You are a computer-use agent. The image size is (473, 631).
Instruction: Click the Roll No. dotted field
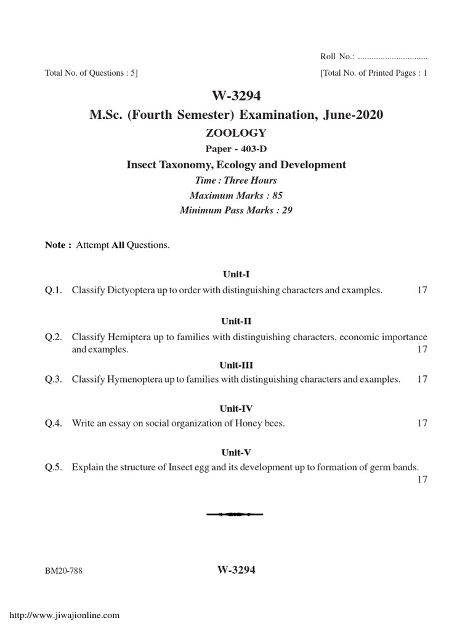click(392, 57)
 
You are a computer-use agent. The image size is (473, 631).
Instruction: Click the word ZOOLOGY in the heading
click(236, 132)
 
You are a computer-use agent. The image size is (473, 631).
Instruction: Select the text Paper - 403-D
click(236, 149)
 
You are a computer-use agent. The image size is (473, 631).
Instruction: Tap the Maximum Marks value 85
click(277, 195)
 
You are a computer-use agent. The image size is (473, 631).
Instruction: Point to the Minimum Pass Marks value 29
click(286, 210)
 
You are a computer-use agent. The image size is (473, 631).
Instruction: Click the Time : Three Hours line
click(236, 181)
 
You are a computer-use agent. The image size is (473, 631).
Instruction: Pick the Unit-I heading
click(236, 274)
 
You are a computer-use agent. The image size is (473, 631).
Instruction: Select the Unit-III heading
click(236, 365)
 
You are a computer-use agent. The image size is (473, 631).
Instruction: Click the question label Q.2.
click(54, 337)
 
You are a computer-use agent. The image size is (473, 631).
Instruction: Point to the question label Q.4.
click(54, 423)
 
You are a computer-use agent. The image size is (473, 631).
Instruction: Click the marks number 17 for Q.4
click(422, 423)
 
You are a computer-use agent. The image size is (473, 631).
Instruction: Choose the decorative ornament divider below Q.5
click(236, 513)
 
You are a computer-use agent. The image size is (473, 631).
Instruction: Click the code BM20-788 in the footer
click(63, 571)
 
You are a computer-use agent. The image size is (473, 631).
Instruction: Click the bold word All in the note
click(118, 245)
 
